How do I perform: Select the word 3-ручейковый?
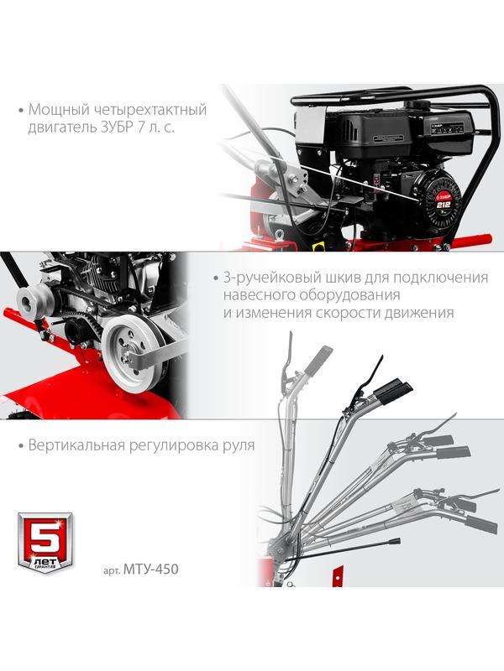263,277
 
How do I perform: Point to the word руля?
236,445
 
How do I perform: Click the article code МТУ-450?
151,568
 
